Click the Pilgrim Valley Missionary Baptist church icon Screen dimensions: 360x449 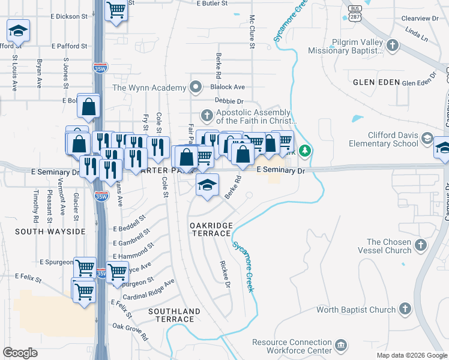[393, 45]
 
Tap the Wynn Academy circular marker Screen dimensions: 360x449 [196, 88]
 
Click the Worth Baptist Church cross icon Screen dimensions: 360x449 [405, 309]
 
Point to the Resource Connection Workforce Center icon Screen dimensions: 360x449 [341, 345]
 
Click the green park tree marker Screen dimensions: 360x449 [305, 150]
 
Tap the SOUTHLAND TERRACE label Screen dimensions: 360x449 [174, 316]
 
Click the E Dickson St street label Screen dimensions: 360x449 [70, 17]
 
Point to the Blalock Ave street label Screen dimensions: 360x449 [228, 87]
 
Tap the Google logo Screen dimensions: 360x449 [20, 353]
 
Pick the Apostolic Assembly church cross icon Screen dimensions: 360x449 [206, 115]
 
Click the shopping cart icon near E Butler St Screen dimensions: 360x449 [116, 10]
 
